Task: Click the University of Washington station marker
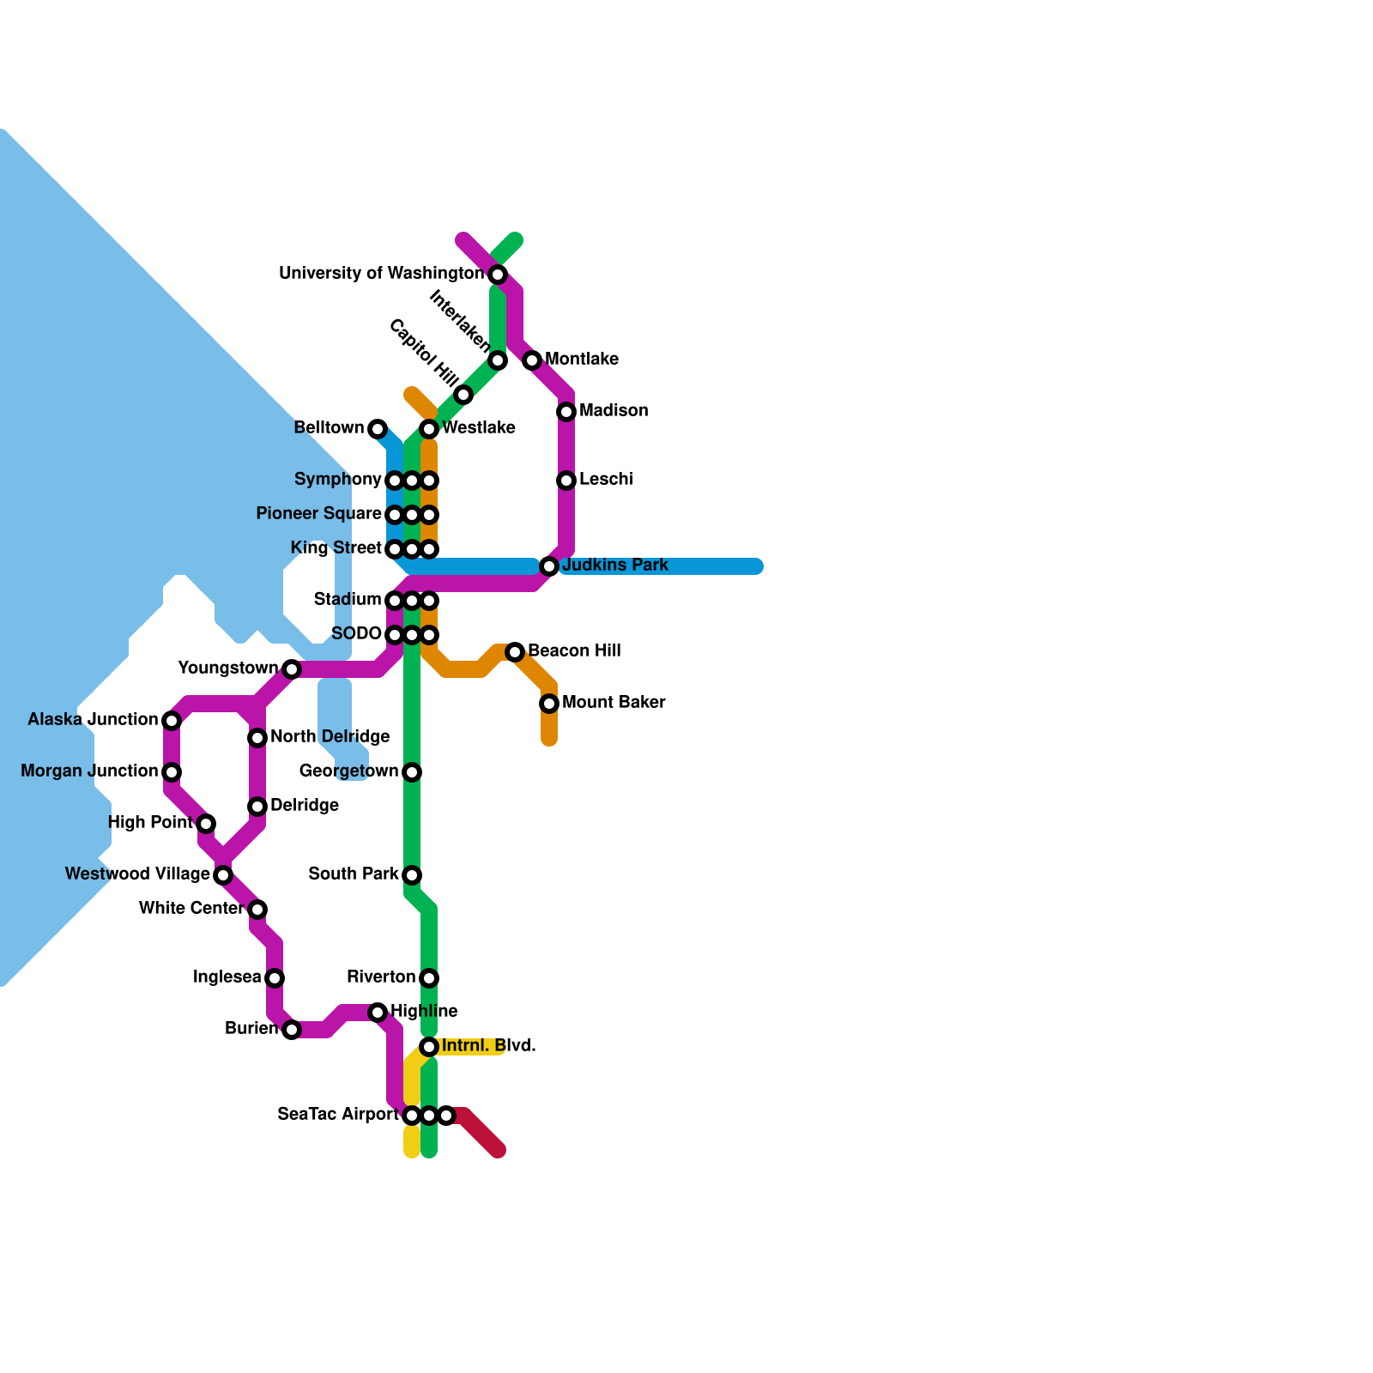tap(498, 275)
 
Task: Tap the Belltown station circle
tap(378, 429)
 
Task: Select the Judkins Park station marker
tap(549, 566)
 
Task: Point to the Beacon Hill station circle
tap(515, 652)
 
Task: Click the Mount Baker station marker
tap(549, 704)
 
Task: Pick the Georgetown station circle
tap(412, 772)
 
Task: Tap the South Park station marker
tap(412, 875)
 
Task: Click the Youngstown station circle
tap(292, 669)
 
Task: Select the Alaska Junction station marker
tap(172, 721)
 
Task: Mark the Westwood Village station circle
tap(223, 875)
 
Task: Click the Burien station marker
tap(292, 1030)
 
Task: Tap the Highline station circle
tap(378, 1013)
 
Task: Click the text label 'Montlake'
tap(582, 359)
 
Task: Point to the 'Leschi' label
tap(606, 479)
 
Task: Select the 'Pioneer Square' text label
tap(318, 513)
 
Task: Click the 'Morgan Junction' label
tap(89, 771)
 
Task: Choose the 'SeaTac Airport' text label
tap(338, 1114)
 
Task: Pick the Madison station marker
tap(566, 412)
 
